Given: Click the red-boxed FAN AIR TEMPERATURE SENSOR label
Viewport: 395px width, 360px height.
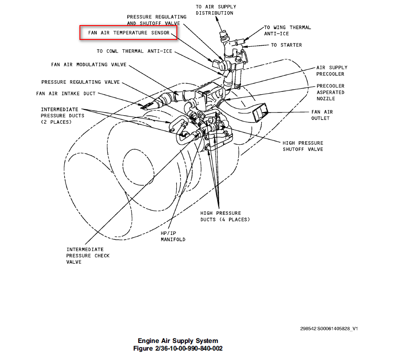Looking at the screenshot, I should [129, 33].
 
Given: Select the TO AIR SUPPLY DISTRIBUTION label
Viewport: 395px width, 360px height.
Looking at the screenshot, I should [215, 10].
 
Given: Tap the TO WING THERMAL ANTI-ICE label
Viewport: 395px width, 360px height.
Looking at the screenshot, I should [287, 30].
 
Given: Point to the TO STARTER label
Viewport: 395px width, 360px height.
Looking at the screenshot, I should [286, 45].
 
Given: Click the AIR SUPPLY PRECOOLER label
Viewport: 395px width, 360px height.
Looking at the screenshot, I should [332, 71].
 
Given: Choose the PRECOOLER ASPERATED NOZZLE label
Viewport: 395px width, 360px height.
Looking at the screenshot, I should [330, 92].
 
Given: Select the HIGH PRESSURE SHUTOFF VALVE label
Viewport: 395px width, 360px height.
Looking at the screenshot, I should [303, 146].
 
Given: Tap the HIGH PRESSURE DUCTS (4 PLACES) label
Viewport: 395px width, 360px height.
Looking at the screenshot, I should [225, 216].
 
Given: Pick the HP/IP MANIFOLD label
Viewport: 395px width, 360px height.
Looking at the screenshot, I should [173, 236].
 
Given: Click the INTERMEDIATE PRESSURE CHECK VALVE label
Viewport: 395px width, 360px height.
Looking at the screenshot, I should [88, 256].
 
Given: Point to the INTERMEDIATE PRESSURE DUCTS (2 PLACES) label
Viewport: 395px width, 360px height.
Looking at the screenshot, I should [63, 116].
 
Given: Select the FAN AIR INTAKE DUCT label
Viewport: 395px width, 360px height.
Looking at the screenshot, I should [66, 94].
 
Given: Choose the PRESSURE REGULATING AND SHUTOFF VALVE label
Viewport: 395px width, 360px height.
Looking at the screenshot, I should [156, 20].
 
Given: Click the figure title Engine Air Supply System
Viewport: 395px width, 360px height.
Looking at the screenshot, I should [178, 341].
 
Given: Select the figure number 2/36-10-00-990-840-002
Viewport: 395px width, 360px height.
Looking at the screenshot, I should [178, 348].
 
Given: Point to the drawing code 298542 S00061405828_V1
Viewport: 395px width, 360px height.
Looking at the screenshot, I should [329, 329].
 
